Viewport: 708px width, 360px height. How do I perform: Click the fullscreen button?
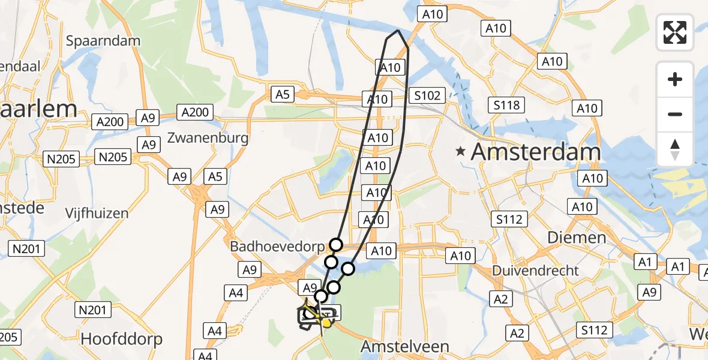675,32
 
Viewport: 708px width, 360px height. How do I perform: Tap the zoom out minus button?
675,114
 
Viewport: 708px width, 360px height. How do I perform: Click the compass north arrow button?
675,149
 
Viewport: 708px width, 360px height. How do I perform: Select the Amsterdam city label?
535,152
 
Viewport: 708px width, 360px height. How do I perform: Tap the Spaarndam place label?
103,41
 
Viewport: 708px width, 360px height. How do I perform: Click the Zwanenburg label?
208,138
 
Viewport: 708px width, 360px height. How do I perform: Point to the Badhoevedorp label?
277,247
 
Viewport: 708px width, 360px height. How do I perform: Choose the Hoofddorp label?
121,339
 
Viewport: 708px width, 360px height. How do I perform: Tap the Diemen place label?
577,238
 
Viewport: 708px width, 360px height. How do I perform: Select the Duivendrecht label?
535,271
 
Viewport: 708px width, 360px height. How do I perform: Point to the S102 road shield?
427,95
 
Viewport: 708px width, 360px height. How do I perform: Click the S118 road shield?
507,105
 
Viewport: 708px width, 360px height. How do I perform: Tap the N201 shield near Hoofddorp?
93,310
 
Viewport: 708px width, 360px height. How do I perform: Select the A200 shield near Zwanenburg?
196,112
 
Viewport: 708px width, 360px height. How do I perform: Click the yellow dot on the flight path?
325,323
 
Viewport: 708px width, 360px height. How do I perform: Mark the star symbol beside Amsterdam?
461,152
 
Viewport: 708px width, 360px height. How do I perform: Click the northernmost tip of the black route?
398,30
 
